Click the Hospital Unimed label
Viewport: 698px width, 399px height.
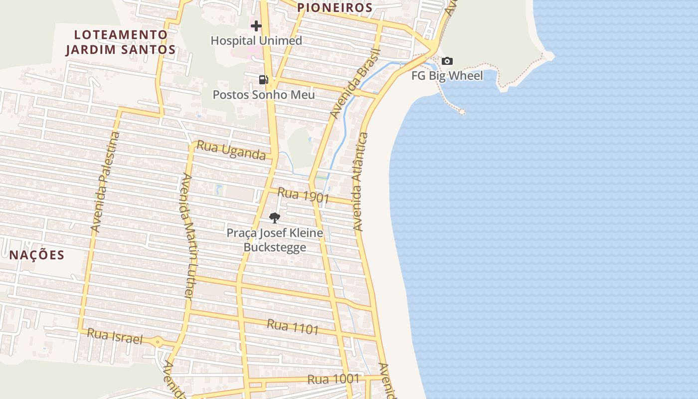(256, 40)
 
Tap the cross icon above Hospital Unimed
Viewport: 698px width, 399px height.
(256, 26)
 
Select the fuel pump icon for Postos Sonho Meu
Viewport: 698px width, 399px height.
(263, 79)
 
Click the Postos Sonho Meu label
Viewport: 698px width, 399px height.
(264, 94)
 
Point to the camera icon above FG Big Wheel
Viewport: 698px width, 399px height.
(447, 61)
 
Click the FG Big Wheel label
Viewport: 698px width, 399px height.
(447, 76)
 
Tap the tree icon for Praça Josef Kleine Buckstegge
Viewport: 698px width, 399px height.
(274, 217)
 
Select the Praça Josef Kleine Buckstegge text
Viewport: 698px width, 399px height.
(275, 240)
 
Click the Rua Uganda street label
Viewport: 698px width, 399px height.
(231, 150)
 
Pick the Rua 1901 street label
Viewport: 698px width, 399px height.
(303, 195)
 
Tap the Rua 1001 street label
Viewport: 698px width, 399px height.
(334, 379)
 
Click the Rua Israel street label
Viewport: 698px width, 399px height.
(115, 337)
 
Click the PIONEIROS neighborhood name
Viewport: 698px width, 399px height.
(335, 7)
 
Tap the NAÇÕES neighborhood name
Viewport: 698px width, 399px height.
(37, 255)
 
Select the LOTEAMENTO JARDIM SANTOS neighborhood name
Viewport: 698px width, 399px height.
(121, 42)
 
